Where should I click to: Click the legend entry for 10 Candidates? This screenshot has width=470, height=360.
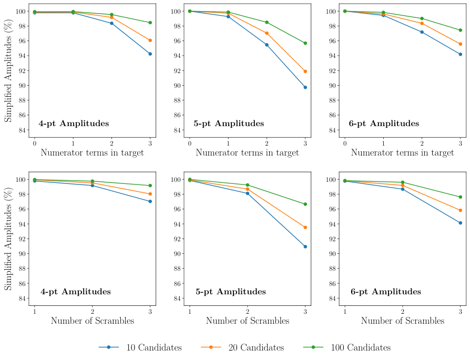pos(140,347)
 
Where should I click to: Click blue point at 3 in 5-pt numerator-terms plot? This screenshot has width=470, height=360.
pos(305,87)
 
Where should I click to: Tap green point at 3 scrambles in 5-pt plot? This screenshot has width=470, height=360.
pos(305,204)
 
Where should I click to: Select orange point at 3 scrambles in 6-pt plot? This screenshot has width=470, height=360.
pos(461,210)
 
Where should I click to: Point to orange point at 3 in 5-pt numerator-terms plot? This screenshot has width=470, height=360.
pos(305,71)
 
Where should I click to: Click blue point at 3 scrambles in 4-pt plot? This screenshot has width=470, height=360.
pos(150,201)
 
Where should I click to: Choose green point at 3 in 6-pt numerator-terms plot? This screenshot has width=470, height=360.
pos(461,30)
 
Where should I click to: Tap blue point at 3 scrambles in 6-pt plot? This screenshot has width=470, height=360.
pos(461,223)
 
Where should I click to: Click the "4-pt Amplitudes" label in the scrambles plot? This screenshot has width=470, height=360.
pos(76,292)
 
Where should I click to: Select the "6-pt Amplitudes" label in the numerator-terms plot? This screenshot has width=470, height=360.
pos(384,124)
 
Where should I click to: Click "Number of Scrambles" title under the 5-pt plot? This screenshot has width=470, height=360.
pos(247,321)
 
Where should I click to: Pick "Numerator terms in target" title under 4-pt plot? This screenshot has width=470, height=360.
pos(92,153)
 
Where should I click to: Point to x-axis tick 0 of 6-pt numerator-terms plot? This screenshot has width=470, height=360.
pos(345,143)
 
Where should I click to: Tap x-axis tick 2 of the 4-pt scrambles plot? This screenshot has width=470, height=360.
pos(93,311)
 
